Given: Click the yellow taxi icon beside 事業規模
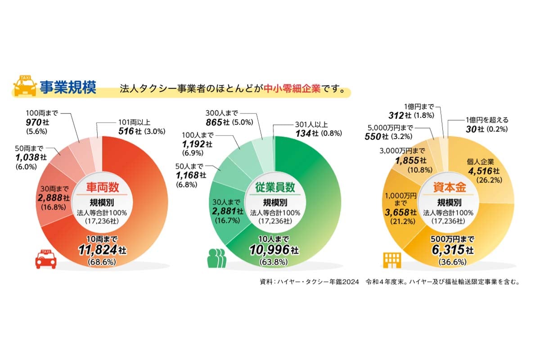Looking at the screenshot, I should pos(25,86).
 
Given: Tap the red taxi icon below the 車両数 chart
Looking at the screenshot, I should pos(46,259).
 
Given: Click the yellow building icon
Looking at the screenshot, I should pos(391,260).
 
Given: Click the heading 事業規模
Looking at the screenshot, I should pos(67,87).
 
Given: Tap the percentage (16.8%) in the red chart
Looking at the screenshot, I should pos(53,207).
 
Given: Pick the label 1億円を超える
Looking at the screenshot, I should pos(486,120).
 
